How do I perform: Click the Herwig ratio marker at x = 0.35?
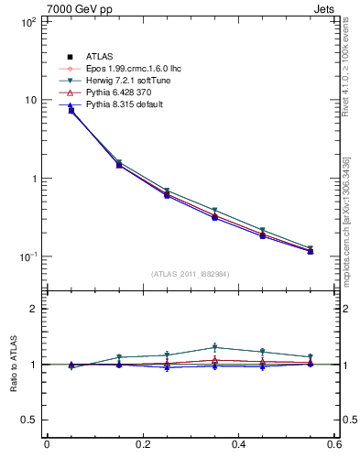point(214,347)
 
